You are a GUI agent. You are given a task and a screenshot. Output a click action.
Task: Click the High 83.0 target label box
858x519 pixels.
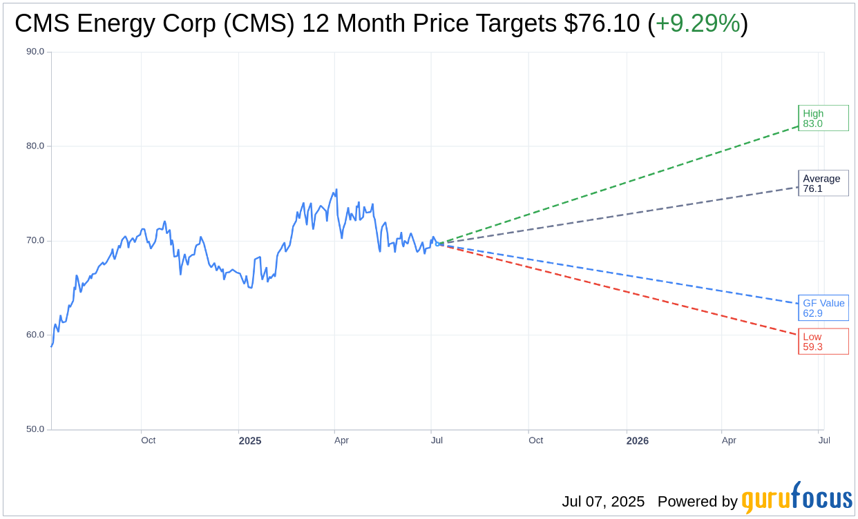point(823,118)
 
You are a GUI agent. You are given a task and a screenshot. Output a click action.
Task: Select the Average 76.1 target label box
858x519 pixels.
point(823,184)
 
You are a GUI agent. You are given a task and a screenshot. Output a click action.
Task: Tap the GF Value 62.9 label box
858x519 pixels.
point(823,308)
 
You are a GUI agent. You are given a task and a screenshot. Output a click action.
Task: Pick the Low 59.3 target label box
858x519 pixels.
point(823,342)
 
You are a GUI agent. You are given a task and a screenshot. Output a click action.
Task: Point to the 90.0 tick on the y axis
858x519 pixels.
point(35,52)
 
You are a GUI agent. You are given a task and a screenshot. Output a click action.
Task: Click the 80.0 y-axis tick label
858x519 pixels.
point(35,146)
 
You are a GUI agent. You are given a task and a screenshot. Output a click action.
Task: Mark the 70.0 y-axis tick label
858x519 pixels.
point(35,241)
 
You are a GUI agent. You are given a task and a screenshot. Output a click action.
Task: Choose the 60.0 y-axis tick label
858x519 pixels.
point(35,335)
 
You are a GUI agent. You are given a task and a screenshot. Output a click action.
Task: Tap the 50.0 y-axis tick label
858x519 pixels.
point(35,429)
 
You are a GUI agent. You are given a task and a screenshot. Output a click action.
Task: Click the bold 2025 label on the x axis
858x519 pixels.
point(250,440)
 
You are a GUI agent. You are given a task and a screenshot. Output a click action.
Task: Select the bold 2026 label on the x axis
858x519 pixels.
point(637,440)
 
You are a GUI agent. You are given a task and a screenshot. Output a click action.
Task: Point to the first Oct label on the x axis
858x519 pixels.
point(148,440)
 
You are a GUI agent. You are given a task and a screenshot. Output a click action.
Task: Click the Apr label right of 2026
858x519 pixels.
point(729,440)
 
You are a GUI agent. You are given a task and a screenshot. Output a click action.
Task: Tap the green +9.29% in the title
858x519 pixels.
point(697,23)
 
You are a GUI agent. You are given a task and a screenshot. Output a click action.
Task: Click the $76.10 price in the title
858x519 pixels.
point(602,23)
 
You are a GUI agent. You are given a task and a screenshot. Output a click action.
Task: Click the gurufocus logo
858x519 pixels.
point(797,498)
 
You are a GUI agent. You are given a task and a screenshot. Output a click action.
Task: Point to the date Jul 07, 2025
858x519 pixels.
point(603,502)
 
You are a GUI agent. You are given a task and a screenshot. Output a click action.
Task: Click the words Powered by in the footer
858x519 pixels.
point(697,502)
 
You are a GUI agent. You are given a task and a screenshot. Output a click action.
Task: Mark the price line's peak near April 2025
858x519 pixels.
point(336,190)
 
